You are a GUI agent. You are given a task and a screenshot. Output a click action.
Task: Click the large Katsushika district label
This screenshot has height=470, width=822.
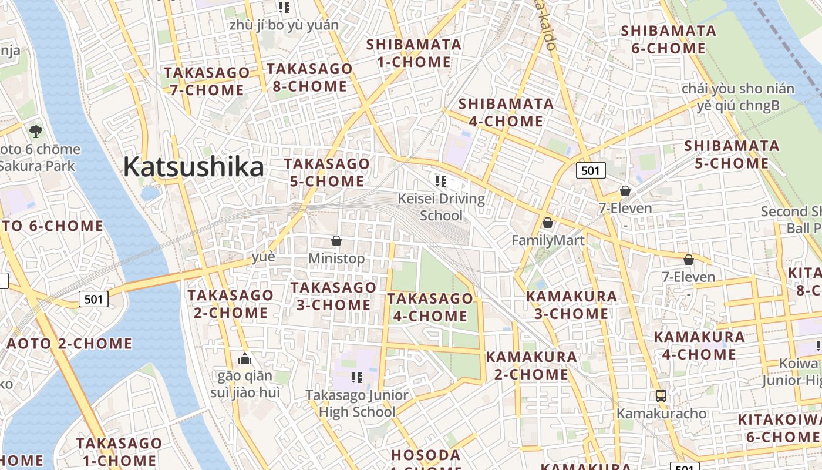click(x=194, y=167)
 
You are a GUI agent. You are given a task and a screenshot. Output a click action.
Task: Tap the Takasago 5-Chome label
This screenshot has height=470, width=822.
click(x=327, y=172)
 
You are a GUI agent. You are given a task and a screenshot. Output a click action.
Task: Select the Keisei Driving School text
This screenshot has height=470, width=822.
click(x=442, y=207)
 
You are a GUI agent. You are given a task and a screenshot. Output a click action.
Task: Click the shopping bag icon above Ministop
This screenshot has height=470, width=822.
click(x=336, y=241)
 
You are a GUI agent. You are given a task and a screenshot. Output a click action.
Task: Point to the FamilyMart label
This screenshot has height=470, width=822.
click(x=548, y=240)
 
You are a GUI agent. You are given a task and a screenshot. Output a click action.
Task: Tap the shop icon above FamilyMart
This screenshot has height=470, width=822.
click(x=548, y=223)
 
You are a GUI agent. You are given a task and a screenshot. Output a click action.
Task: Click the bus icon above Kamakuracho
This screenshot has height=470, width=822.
click(x=661, y=395)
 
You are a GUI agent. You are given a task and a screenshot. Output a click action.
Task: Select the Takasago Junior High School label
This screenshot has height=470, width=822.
click(x=357, y=403)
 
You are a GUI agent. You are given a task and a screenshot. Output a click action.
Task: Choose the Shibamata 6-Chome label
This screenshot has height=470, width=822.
click(x=668, y=39)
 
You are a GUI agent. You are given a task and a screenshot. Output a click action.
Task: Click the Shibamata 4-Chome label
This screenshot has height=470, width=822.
click(x=506, y=113)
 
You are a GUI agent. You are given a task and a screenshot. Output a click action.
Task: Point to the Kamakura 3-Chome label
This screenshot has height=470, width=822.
click(x=571, y=305)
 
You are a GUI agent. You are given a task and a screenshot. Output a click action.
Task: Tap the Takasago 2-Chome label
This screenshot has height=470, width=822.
click(x=230, y=304)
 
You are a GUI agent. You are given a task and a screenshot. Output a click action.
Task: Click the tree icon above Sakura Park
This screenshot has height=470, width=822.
click(x=36, y=130)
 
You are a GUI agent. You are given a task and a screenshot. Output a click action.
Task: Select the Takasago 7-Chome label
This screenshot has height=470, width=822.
click(x=207, y=82)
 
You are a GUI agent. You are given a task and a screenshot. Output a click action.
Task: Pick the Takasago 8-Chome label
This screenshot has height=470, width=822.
click(x=309, y=78)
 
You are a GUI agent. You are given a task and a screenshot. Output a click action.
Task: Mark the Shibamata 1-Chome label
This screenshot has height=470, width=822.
click(x=413, y=53)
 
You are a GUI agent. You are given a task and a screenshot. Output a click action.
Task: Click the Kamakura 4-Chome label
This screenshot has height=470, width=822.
click(x=699, y=345)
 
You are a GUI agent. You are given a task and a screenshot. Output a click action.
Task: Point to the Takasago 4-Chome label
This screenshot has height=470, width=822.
click(x=430, y=307)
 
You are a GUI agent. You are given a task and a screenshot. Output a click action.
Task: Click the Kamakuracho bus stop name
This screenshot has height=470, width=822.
click(x=661, y=414)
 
